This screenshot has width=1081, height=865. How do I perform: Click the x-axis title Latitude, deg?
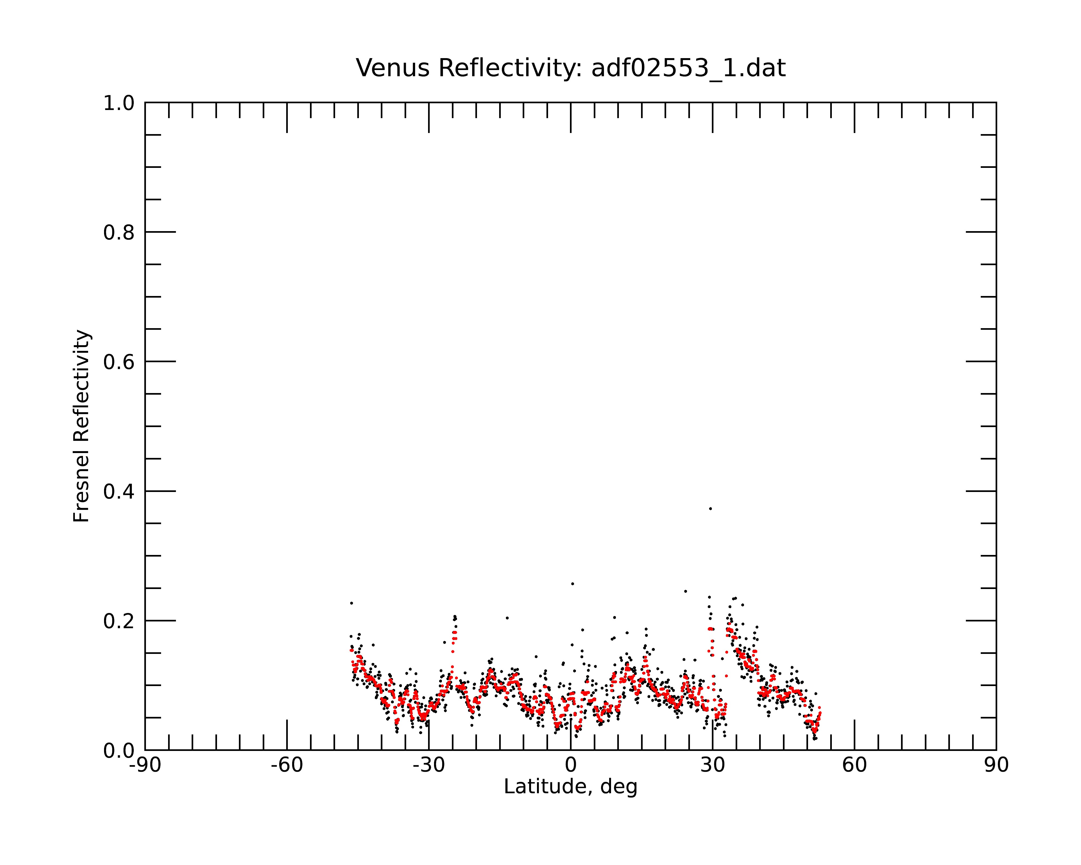click(570, 787)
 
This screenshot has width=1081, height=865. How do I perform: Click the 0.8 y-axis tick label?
click(119, 233)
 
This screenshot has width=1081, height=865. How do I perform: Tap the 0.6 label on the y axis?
click(119, 362)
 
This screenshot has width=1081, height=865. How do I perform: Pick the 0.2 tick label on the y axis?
click(119, 621)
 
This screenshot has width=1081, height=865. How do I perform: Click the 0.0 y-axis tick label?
click(119, 751)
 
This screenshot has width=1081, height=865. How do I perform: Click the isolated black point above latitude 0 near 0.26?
click(573, 584)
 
